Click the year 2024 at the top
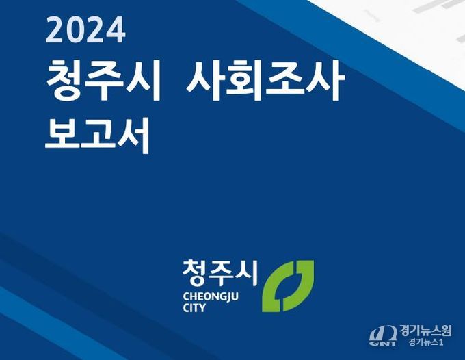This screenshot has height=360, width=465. pyautogui.click(x=85, y=29)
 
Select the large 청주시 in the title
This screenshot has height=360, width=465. pyautogui.click(x=103, y=81)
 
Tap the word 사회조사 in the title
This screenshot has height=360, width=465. pyautogui.click(x=265, y=81)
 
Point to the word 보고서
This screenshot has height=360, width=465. pyautogui.click(x=97, y=136)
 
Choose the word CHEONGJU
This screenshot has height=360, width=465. pyautogui.click(x=211, y=296)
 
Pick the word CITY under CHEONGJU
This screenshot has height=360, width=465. pyautogui.click(x=194, y=308)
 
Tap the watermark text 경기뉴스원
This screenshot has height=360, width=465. pyautogui.click(x=425, y=331)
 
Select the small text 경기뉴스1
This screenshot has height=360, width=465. pyautogui.click(x=426, y=342)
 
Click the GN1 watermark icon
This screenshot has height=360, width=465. pyautogui.click(x=382, y=336)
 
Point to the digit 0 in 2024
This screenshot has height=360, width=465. pyautogui.click(x=75, y=29)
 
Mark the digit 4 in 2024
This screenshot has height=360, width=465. pyautogui.click(x=116, y=29)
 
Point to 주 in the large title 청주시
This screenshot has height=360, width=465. pyautogui.click(x=105, y=81)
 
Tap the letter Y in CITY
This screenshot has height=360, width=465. pyautogui.click(x=202, y=308)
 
